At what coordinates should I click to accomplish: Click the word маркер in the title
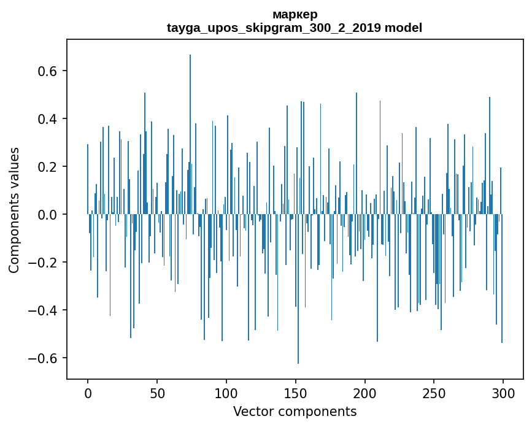295,14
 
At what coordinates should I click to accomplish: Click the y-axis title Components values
14,210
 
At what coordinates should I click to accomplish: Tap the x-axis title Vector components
295,411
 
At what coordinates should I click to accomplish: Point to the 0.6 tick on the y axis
48,71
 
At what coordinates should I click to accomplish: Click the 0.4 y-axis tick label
48,119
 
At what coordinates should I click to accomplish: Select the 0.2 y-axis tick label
48,167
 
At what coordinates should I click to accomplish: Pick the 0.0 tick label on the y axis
48,215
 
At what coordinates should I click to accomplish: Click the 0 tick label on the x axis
88,393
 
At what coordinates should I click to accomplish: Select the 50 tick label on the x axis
157,393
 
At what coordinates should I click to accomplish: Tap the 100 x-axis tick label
226,393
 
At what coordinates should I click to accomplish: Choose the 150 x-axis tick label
296,393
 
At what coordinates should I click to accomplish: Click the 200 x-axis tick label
365,393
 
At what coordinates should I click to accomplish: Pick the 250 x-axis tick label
434,393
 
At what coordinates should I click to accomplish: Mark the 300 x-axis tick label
503,393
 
